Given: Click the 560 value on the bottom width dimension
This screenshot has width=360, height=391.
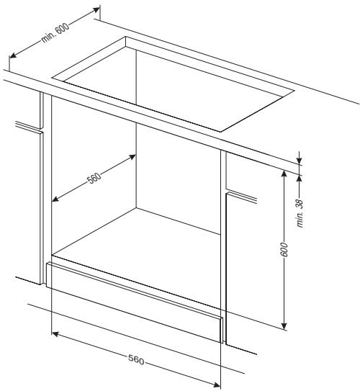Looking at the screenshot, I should [135, 359].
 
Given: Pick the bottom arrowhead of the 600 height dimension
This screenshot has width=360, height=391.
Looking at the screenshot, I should [287, 325].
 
